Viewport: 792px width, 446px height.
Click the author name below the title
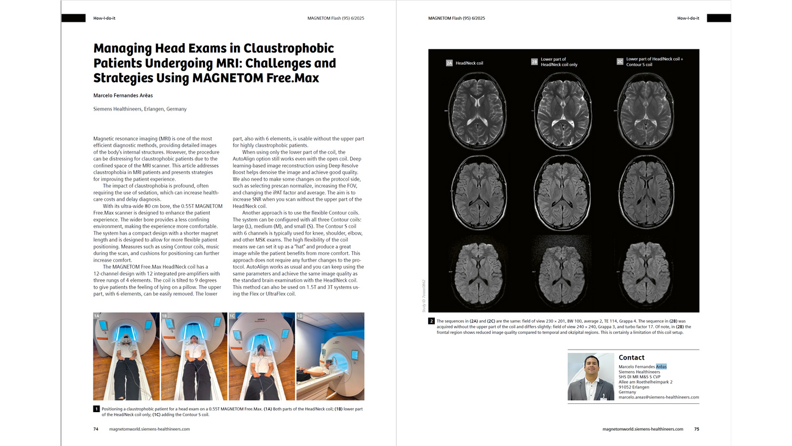[123, 95]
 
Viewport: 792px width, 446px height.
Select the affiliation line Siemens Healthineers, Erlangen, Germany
[140, 109]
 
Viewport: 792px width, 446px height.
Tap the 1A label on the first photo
[97, 316]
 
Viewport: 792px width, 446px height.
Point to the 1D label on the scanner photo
[300, 316]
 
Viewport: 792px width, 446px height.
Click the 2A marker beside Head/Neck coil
[449, 63]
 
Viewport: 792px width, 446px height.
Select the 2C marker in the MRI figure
[620, 62]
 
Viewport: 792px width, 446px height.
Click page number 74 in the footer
[96, 429]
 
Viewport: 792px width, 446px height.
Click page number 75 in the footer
[696, 429]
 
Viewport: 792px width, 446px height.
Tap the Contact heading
[631, 357]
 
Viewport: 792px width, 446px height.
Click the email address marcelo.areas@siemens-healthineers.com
[659, 397]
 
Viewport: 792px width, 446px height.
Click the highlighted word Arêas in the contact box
[661, 367]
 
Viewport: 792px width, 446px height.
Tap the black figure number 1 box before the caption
[96, 409]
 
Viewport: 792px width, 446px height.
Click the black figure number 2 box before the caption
[432, 321]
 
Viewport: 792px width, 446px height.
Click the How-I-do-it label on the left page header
[104, 18]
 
